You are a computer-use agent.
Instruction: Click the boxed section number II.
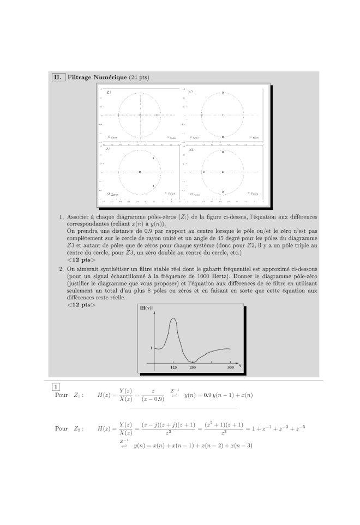[58, 77]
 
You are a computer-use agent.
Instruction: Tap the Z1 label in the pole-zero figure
[109, 93]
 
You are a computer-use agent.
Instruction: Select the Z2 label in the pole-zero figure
[190, 93]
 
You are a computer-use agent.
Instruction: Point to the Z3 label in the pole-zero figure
[109, 149]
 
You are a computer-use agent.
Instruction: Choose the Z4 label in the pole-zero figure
[191, 149]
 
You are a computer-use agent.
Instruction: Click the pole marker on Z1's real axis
[157, 115]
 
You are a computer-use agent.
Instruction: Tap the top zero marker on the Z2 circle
[223, 93]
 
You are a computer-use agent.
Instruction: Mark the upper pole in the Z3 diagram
[153, 158]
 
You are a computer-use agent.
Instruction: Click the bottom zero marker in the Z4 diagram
[223, 192]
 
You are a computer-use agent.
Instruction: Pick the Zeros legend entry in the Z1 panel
[113, 137]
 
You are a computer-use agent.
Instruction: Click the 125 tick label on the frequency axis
[173, 368]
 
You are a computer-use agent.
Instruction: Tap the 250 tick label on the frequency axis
[192, 368]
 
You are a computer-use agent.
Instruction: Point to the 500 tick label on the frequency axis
[230, 368]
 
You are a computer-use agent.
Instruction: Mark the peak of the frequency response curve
[173, 318]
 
